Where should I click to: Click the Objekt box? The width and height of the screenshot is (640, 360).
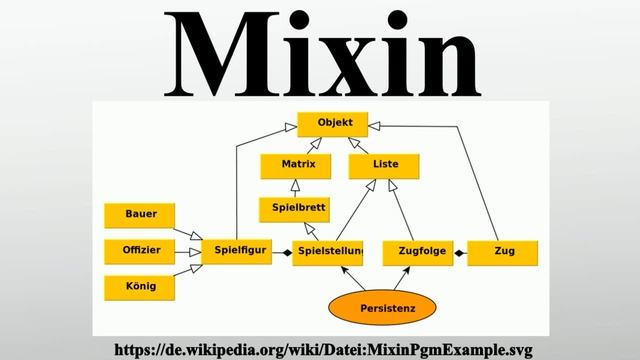click(333, 124)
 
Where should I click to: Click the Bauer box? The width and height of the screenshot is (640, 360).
click(139, 215)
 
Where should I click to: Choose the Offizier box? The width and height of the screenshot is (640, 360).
click(139, 250)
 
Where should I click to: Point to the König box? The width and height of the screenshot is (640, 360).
click(139, 286)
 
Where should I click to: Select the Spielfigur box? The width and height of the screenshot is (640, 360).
click(239, 251)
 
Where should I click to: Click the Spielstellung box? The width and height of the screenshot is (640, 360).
click(328, 251)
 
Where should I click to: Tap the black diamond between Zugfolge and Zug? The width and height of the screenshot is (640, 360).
click(459, 252)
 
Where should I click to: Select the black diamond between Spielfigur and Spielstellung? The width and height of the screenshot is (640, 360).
click(286, 252)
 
